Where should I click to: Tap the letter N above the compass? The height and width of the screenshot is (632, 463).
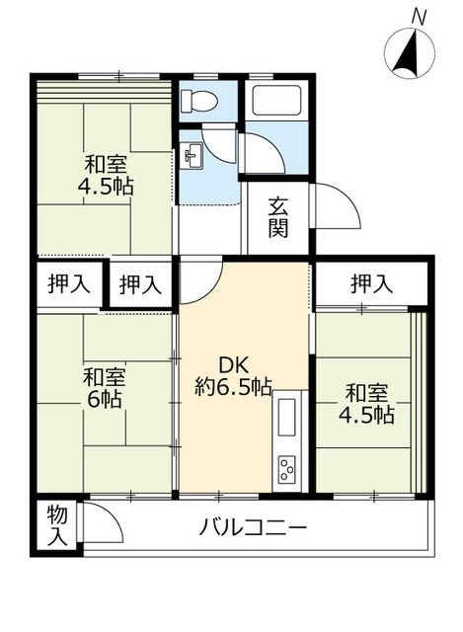tap(419, 16)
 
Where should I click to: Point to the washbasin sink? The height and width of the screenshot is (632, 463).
tap(192, 154)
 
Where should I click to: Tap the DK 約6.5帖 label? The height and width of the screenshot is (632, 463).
tap(233, 374)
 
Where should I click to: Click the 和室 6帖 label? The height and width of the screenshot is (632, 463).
tap(104, 387)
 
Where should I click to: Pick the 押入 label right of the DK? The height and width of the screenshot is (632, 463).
tap(370, 284)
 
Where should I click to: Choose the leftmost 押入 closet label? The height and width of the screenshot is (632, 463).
tap(69, 285)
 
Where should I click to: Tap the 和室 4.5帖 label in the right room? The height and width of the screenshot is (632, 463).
tap(367, 404)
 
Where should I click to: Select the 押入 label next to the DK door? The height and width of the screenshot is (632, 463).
tap(139, 285)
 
